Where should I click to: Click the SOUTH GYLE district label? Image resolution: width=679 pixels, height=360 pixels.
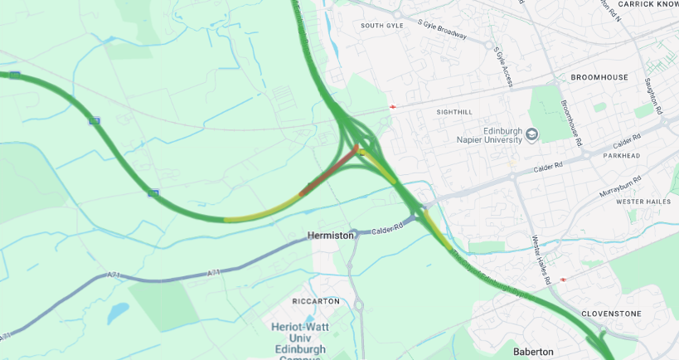point(381,26)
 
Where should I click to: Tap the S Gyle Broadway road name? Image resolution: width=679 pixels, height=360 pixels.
point(443,32)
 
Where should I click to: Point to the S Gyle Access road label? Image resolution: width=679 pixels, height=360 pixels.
point(503,66)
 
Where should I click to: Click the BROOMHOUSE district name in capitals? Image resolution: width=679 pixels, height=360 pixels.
point(599,77)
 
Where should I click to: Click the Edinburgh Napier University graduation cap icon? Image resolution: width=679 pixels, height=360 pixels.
point(532,134)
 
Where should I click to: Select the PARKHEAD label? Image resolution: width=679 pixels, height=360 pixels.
point(622,155)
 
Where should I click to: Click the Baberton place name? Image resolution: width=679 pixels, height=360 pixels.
point(533,352)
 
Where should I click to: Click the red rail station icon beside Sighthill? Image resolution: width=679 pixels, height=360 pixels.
point(392,107)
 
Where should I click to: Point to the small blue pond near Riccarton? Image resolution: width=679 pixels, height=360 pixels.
point(118,312)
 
